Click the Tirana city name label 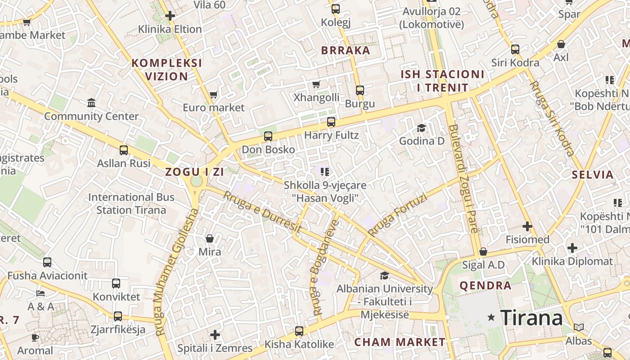pyautogui.click(x=531, y=318)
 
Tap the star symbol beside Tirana pyautogui.click(x=491, y=318)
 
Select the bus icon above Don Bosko pyautogui.click(x=268, y=136)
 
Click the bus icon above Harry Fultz pyautogui.click(x=331, y=121)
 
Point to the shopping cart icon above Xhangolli pyautogui.click(x=316, y=84)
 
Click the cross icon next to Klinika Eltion pyautogui.click(x=170, y=16)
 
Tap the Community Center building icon pyautogui.click(x=92, y=103)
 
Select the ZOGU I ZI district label pyautogui.click(x=194, y=172)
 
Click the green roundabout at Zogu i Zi pyautogui.click(x=197, y=181)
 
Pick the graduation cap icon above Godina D pyautogui.click(x=421, y=128)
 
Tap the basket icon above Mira pyautogui.click(x=210, y=238)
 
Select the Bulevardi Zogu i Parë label pyautogui.click(x=463, y=179)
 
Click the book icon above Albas pyautogui.click(x=579, y=327)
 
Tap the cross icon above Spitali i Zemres pyautogui.click(x=215, y=335)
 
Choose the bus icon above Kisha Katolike pyautogui.click(x=299, y=331)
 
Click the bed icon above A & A pyautogui.click(x=40, y=293)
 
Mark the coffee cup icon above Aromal pyautogui.click(x=35, y=337)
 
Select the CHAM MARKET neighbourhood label pyautogui.click(x=400, y=342)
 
